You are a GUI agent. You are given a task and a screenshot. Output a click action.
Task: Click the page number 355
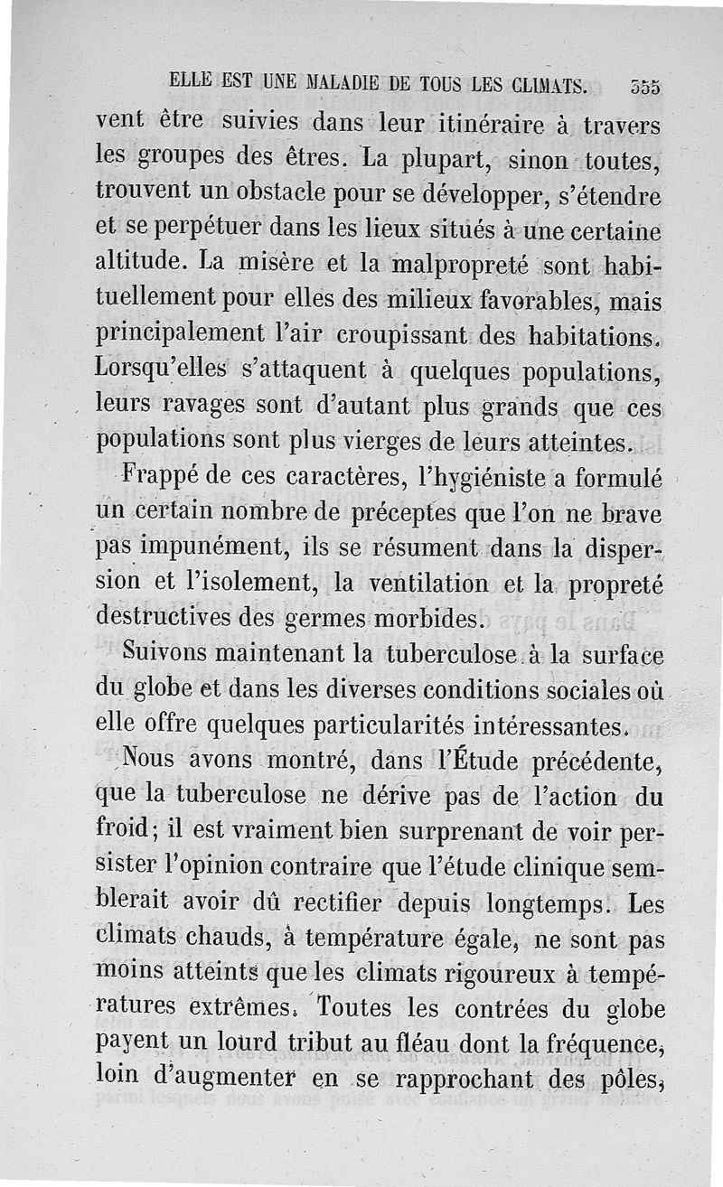[x=646, y=87]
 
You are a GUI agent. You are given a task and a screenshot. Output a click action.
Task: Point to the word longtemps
[x=521, y=904]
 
